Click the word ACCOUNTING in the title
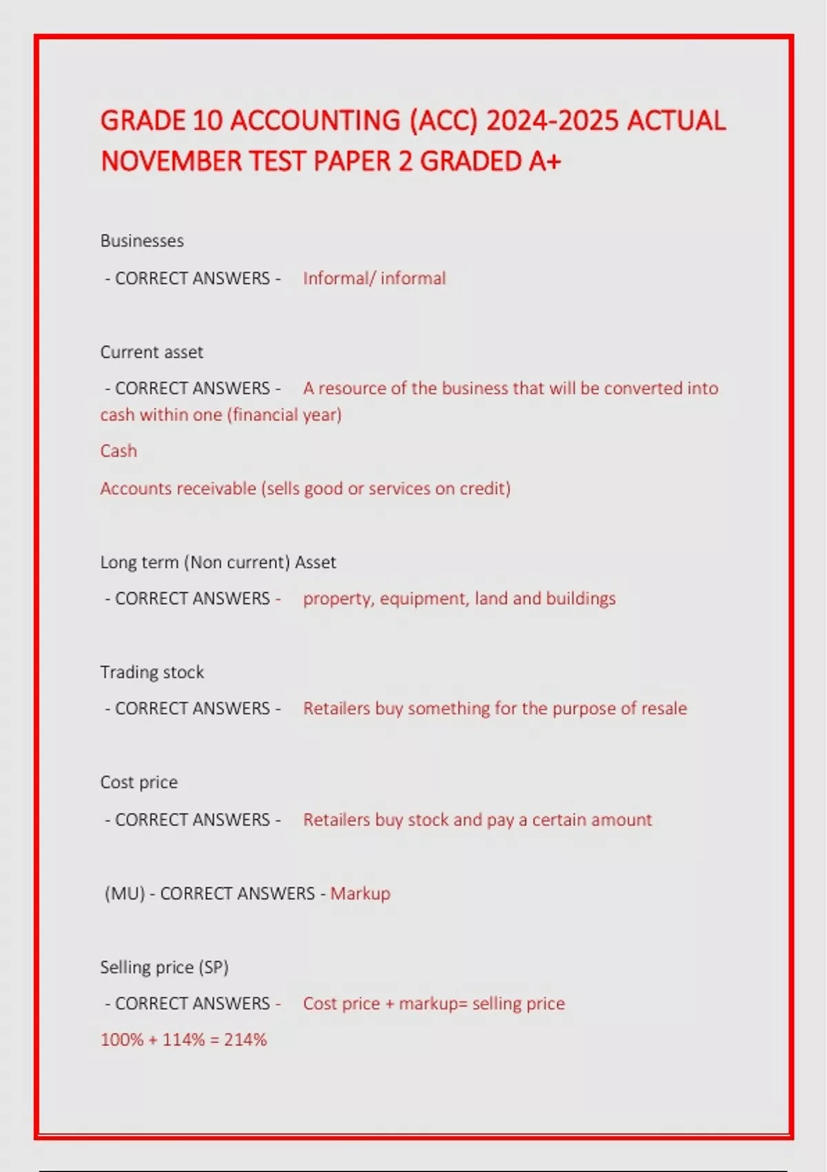click(x=314, y=121)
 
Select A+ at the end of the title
click(x=545, y=161)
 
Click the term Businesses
click(x=142, y=241)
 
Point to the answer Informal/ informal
click(x=374, y=278)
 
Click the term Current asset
click(x=152, y=352)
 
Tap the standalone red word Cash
click(x=119, y=451)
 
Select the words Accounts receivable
click(x=178, y=488)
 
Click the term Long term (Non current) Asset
click(x=218, y=562)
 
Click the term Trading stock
click(x=152, y=672)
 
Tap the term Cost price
click(x=139, y=782)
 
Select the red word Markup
click(x=360, y=893)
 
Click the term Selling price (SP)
click(x=164, y=967)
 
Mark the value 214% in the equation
click(x=245, y=1040)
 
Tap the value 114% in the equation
click(x=183, y=1040)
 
